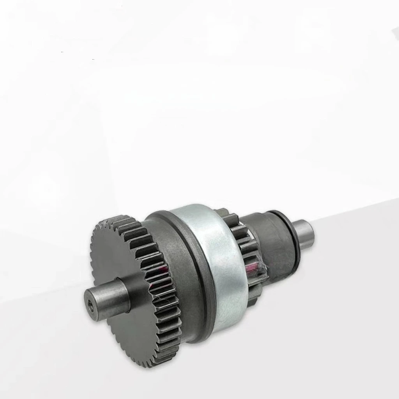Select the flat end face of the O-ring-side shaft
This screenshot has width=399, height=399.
[311, 234]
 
